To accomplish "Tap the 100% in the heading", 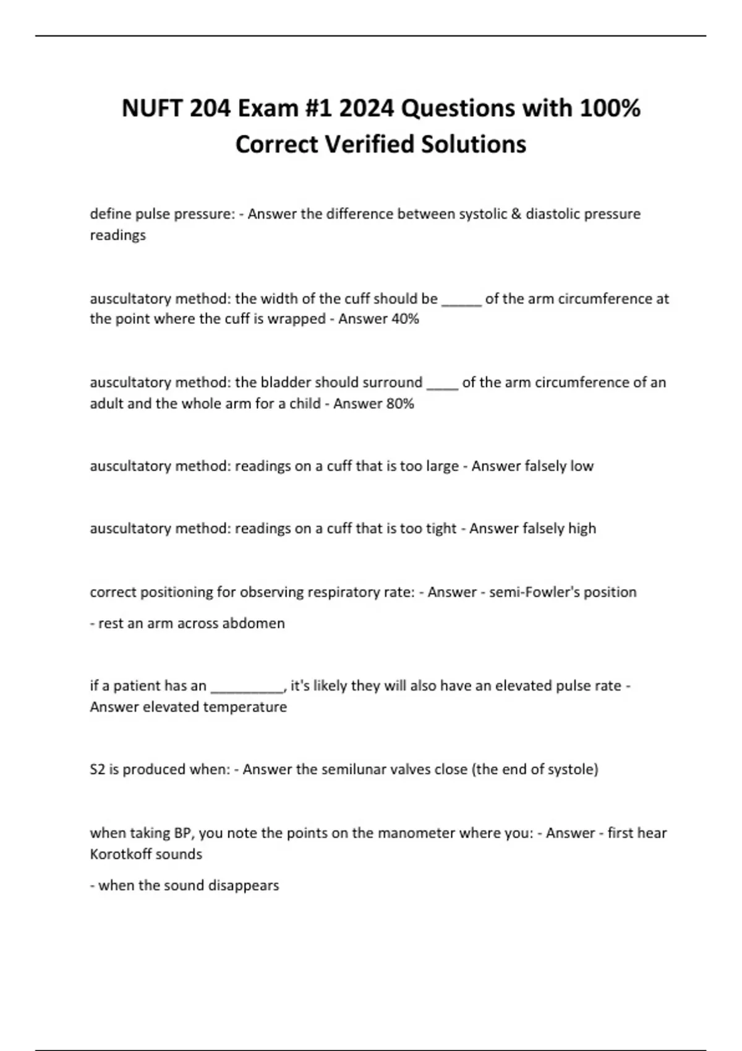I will [x=610, y=108].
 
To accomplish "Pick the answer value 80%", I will [x=400, y=404].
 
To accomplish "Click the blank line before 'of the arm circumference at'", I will [x=461, y=300].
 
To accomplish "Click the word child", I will [x=305, y=404].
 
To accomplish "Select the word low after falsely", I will [x=582, y=466].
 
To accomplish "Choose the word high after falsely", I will [x=582, y=529].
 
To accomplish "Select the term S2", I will [x=97, y=770].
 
